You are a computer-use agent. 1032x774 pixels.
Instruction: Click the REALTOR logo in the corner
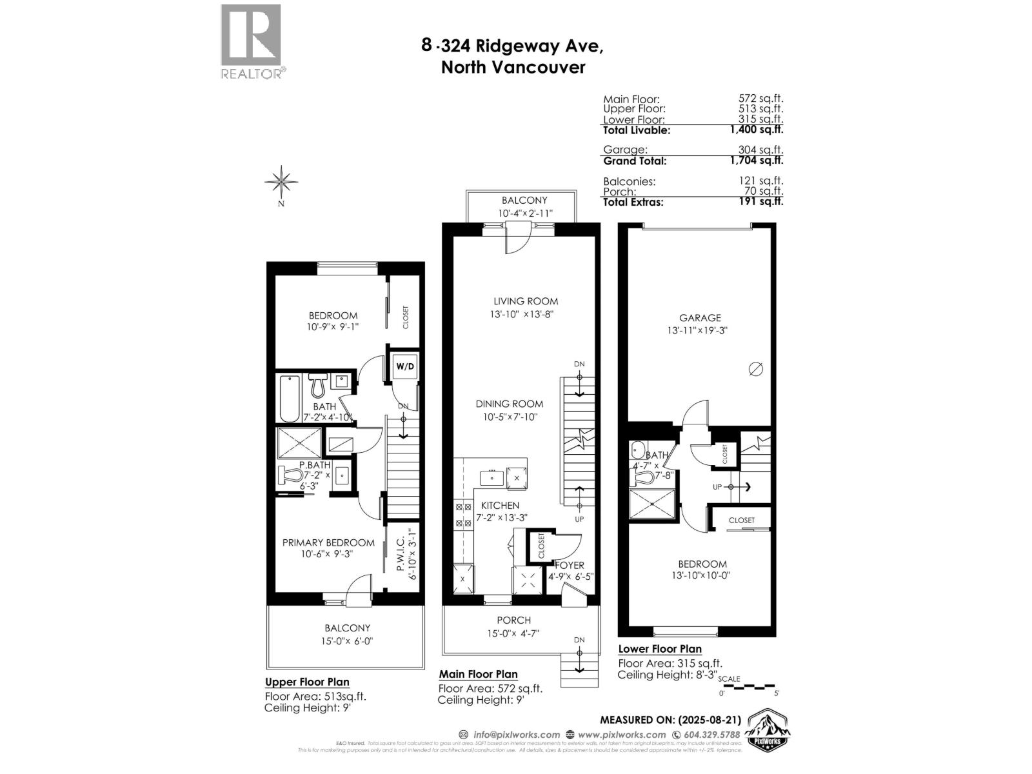[251, 41]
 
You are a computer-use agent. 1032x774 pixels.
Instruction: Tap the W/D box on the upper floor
[405, 366]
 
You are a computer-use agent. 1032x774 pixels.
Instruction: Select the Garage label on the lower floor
[700, 317]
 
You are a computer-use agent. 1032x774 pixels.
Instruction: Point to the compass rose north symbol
[281, 181]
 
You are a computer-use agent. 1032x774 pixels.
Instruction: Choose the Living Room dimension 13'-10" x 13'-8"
[522, 315]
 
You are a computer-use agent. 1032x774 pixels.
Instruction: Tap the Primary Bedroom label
[328, 542]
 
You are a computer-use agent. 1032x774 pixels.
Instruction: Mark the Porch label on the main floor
[514, 620]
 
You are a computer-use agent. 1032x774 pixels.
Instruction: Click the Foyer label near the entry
[569, 565]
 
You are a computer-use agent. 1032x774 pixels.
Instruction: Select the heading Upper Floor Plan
[307, 682]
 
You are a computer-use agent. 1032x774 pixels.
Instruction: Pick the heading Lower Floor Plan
[660, 649]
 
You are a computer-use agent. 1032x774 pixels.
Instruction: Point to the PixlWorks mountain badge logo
[768, 731]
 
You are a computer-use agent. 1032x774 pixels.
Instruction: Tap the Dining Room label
[510, 404]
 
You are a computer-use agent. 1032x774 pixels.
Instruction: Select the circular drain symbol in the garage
[756, 369]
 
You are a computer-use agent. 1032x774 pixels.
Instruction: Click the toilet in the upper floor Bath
[317, 386]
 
